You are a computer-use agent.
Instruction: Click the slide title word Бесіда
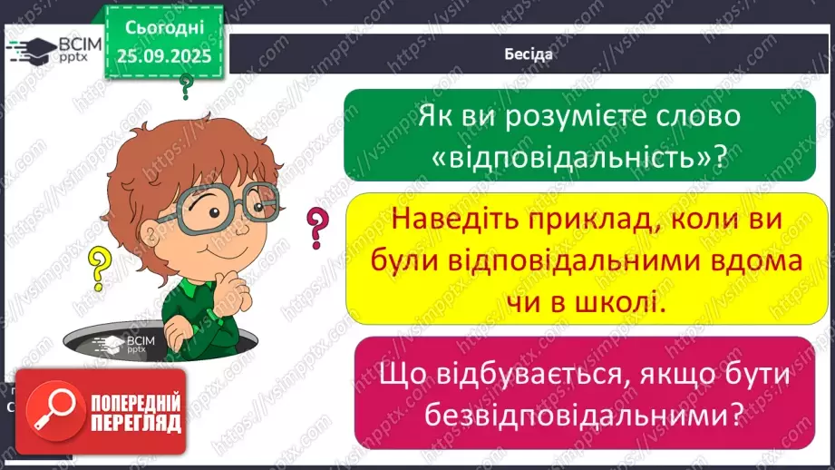pos(527,54)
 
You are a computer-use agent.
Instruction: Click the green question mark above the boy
pos(187,87)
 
